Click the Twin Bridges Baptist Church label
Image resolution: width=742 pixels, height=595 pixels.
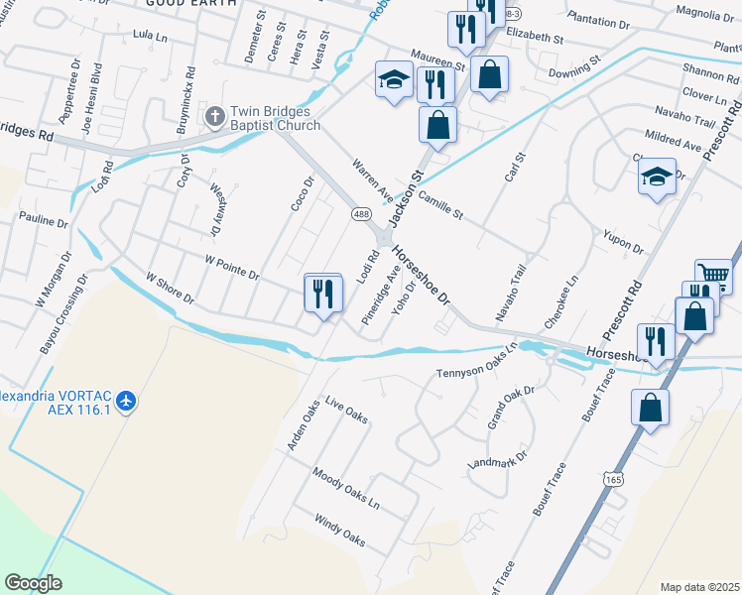(x=275, y=119)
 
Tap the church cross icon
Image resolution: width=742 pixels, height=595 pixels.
(x=214, y=119)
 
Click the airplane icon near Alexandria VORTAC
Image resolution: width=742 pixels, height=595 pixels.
(x=126, y=401)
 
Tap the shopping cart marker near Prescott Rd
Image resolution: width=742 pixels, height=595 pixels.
(x=713, y=275)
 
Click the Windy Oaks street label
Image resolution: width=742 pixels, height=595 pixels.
(x=340, y=531)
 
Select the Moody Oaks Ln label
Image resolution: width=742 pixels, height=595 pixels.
(x=346, y=489)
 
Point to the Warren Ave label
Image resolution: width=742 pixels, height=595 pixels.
(x=369, y=179)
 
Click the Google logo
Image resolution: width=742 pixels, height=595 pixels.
(x=34, y=582)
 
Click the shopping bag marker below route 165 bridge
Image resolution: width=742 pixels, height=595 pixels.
(x=650, y=409)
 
